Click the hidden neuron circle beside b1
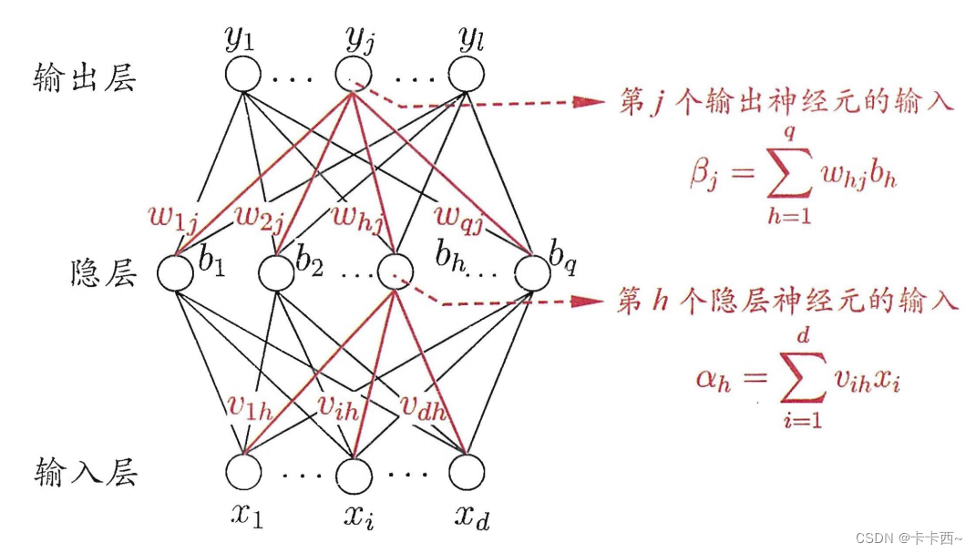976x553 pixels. point(176,273)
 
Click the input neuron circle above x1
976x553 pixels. point(243,471)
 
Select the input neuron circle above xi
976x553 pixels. point(355,471)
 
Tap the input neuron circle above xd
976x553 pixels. point(467,471)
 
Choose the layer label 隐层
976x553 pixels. point(102,273)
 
